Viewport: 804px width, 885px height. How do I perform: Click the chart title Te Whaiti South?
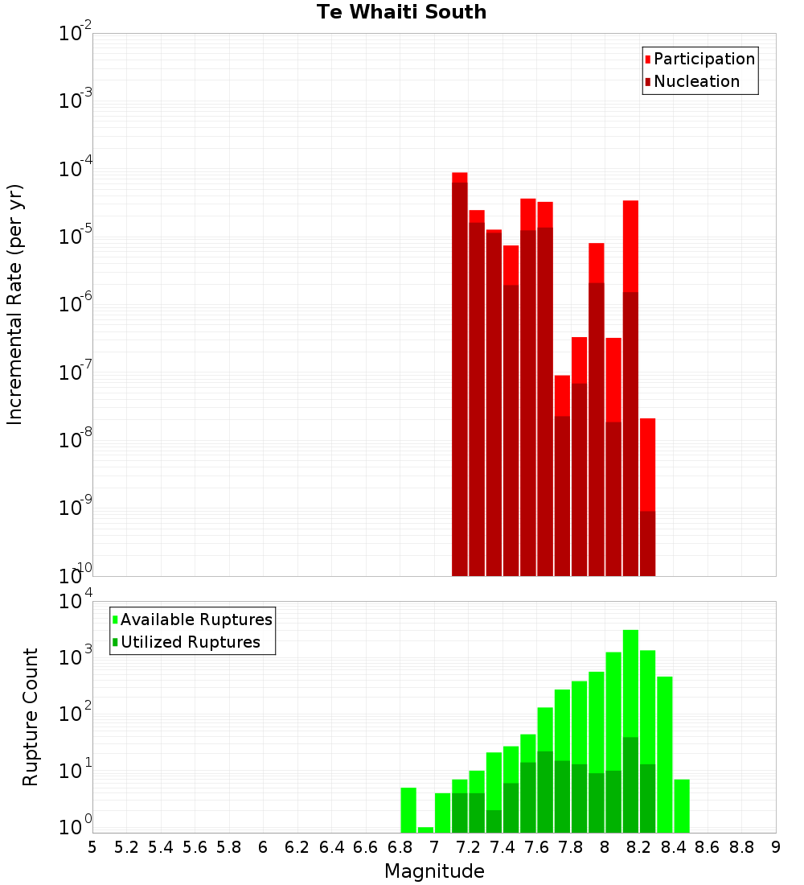[401, 12]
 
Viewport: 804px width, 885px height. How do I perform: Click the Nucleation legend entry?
[696, 81]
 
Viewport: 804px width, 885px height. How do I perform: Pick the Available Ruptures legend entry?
[196, 619]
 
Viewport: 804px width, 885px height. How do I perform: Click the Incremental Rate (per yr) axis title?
[15, 304]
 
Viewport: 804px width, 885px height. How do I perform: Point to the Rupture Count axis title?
[31, 716]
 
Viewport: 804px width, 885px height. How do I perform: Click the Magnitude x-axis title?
[434, 871]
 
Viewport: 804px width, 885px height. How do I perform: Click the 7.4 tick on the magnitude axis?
[503, 847]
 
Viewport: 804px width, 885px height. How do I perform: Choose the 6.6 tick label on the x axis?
[366, 847]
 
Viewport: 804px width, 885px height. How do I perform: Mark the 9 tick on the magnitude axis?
[776, 847]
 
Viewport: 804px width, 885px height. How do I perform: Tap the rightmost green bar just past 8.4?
[682, 805]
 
